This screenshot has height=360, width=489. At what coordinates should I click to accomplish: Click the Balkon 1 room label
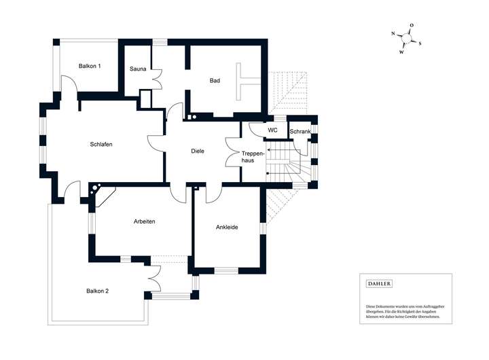click(90, 66)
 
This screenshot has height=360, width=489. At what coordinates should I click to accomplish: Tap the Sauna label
click(139, 69)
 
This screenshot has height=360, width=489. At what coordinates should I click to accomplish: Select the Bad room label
click(215, 81)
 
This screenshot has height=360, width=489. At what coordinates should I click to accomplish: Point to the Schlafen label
click(101, 145)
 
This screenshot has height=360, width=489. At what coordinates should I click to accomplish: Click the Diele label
click(198, 151)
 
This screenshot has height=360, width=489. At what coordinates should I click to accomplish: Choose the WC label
click(272, 130)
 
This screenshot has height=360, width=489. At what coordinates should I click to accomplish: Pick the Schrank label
click(300, 131)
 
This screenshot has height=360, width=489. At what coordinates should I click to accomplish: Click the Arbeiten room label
click(144, 221)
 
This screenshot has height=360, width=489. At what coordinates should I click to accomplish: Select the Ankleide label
click(227, 227)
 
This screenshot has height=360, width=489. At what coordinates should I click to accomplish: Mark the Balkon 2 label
click(98, 291)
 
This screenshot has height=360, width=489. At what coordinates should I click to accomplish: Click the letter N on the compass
click(393, 33)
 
